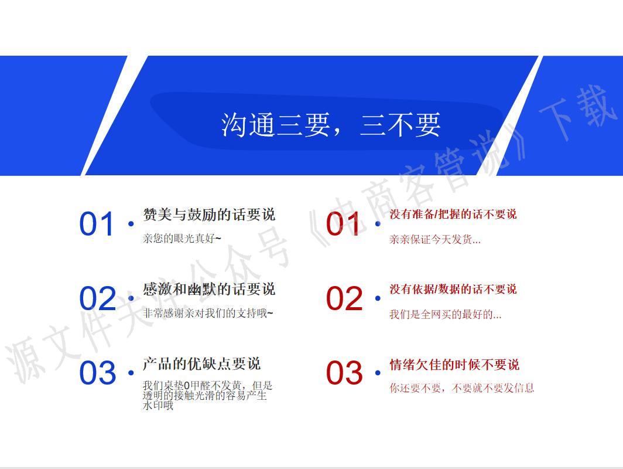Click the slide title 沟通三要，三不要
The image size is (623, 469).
[331, 124]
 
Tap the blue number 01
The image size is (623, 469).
[97, 225]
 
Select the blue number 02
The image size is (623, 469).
[98, 298]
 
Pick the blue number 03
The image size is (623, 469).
[98, 373]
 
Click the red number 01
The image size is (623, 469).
[344, 225]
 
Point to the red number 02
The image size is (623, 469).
[344, 298]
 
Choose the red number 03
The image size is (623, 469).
[344, 373]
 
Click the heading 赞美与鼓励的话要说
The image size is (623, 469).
[209, 215]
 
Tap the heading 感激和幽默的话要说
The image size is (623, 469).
[209, 289]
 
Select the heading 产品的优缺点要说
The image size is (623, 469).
[202, 364]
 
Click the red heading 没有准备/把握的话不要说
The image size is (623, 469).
[453, 215]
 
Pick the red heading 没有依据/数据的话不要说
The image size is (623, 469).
[453, 289]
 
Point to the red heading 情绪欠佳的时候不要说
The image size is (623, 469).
[454, 365]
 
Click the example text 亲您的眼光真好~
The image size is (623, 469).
[182, 239]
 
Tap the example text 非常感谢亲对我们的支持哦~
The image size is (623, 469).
[208, 313]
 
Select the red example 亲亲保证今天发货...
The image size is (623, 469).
[435, 239]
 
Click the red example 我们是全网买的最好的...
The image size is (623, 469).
[445, 314]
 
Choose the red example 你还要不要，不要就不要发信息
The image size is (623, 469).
[462, 388]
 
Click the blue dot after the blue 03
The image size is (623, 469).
[131, 373]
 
